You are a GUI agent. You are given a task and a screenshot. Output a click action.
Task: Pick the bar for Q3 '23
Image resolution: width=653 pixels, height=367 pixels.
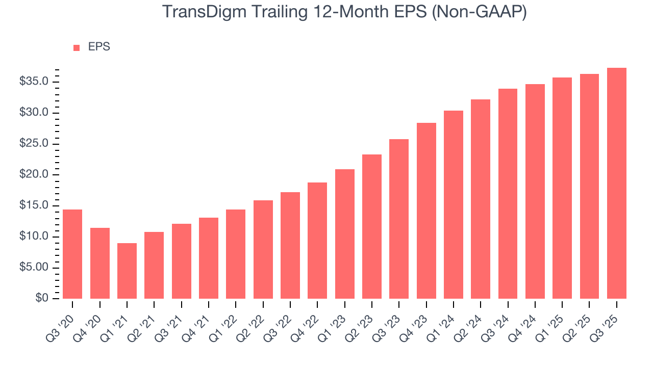tap(399, 219)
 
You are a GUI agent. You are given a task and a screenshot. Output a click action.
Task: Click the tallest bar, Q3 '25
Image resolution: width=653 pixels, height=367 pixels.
tap(617, 183)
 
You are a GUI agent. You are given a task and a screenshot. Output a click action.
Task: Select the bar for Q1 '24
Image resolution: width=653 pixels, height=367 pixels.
tap(454, 204)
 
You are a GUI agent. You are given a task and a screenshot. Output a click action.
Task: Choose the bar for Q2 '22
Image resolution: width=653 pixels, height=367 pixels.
tap(263, 249)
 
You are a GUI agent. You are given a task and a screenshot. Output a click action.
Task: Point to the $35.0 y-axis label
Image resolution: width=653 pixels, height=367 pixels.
tap(34, 82)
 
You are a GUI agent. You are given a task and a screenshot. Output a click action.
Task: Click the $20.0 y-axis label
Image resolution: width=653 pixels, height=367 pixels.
tap(34, 175)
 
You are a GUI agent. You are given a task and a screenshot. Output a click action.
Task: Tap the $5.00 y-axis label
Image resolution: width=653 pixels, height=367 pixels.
tap(34, 268)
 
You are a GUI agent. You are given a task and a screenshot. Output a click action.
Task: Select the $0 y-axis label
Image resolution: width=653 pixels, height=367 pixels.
tap(42, 299)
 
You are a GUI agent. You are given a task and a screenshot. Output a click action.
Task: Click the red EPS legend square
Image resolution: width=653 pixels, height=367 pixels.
tap(77, 47)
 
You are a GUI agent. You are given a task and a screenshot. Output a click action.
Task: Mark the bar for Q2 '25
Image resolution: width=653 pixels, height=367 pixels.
tap(589, 186)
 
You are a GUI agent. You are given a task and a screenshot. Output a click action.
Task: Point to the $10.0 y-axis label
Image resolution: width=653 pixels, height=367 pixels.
tap(34, 237)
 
